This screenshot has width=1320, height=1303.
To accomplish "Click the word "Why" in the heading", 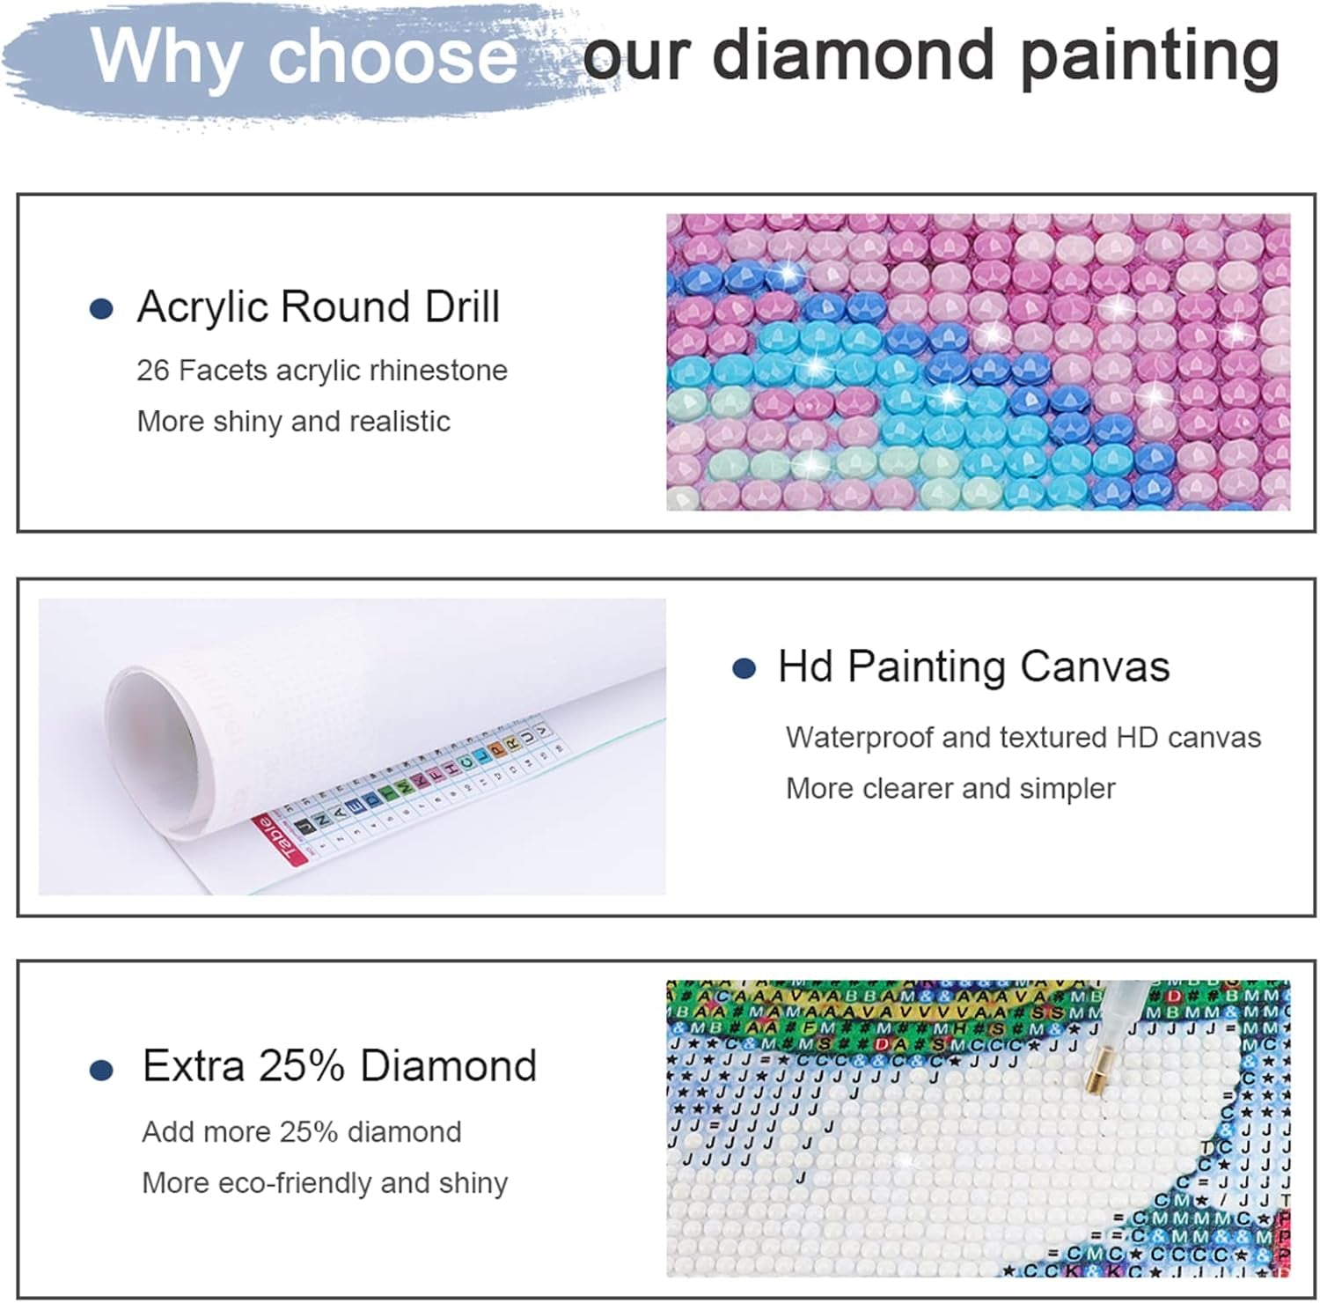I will pos(167,55).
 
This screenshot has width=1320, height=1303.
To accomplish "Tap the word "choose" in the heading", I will pos(392,55).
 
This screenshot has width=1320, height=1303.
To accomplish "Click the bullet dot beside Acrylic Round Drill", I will pos(102,309).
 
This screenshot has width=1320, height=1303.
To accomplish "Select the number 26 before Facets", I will pos(152,371).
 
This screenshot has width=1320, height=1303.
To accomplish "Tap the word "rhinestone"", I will pos(438,371).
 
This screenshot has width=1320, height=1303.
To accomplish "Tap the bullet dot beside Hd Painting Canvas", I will pos(744,669).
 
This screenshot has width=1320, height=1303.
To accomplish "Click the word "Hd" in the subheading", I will pos(804,666).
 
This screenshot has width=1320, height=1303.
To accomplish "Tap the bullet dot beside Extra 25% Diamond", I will pos(102,1070).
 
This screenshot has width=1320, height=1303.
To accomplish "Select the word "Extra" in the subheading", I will pos(193,1066).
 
